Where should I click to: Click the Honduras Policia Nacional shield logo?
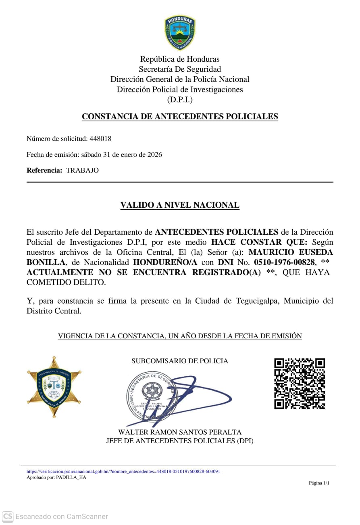pos(180,32)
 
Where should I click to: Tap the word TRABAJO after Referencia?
pos(82,170)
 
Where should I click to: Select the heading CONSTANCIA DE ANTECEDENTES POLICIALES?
pos(180,117)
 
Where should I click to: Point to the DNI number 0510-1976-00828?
pos(284,262)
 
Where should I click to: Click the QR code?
pos(300,383)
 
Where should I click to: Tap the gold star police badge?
pos(54,387)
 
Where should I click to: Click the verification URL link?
pos(123,471)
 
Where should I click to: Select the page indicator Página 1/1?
pos(319,483)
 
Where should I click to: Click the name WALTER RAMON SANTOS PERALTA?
pos(180,432)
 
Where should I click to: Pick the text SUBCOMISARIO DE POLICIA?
pos(180,361)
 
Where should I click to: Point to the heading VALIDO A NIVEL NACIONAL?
pos(180,205)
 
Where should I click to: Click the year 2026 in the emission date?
pos(154,154)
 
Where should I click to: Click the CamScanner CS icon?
pos(8,516)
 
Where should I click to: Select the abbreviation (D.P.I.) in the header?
pos(180,100)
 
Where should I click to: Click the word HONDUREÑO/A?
pos(166,262)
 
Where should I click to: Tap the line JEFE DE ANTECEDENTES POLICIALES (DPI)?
pos(180,441)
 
